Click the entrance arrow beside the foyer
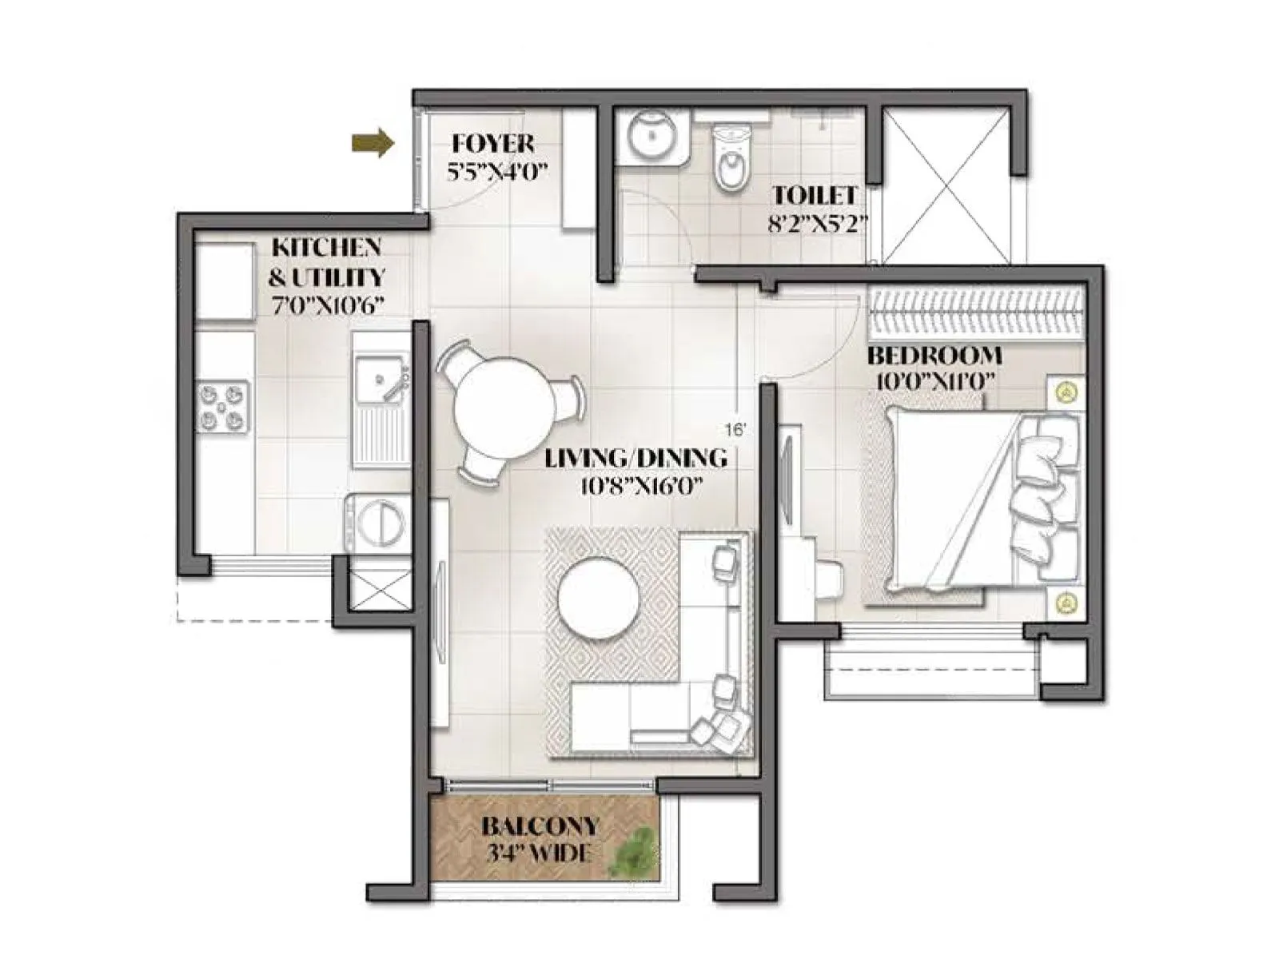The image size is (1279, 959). click(x=373, y=143)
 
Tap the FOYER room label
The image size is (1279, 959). click(x=492, y=144)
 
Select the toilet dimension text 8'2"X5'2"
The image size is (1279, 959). click(x=817, y=224)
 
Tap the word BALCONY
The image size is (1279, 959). click(x=540, y=826)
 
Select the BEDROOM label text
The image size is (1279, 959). click(x=934, y=355)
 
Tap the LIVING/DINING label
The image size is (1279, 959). click(x=636, y=458)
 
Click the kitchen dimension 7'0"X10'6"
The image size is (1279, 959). click(x=327, y=306)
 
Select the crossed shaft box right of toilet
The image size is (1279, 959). click(x=945, y=185)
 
